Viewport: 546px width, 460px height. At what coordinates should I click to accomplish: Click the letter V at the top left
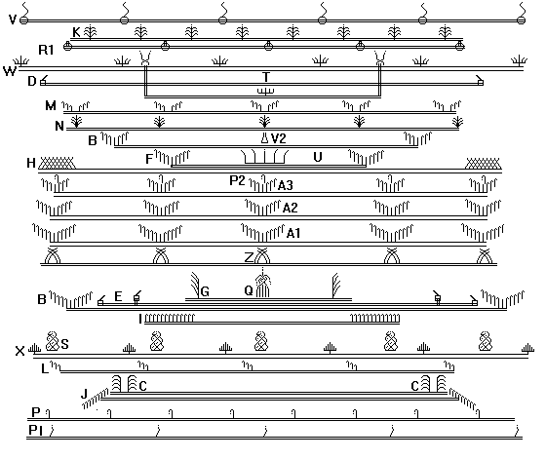13,19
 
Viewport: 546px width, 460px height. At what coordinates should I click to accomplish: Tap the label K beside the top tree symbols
76,32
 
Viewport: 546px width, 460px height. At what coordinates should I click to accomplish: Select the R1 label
46,50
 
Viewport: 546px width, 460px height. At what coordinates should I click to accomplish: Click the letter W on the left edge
10,71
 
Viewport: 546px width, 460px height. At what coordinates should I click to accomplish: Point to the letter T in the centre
266,77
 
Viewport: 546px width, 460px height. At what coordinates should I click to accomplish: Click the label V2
278,138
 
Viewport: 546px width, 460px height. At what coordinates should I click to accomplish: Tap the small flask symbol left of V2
265,137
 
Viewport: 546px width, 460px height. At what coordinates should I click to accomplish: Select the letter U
317,157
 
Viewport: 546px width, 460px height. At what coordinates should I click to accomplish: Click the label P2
238,180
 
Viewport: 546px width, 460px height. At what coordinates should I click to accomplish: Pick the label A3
285,185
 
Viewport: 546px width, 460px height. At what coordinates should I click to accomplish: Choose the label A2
291,209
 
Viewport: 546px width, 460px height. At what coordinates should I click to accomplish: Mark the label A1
293,233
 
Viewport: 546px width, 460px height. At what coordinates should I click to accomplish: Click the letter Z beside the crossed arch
249,258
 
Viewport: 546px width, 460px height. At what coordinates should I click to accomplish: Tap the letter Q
249,290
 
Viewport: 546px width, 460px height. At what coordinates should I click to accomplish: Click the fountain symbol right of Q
263,283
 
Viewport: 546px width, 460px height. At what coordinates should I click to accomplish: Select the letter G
205,291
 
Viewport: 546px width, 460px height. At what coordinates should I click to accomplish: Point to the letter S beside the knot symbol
64,344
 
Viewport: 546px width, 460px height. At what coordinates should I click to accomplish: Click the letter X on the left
19,352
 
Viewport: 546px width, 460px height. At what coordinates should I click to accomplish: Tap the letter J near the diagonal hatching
84,395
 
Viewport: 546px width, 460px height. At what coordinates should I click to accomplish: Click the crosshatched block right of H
57,163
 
